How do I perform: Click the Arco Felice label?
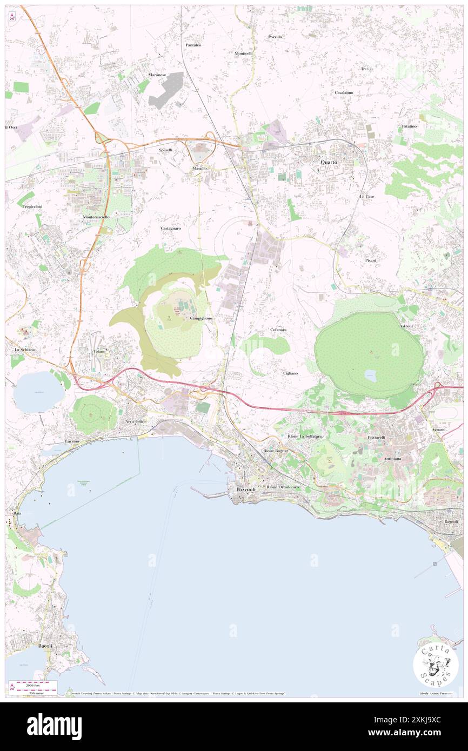[x=136, y=421]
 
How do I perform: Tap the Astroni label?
[x=406, y=326]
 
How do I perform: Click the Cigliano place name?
[x=290, y=373]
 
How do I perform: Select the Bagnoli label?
[x=451, y=521]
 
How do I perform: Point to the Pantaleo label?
[x=193, y=45]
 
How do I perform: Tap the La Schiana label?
[x=24, y=350]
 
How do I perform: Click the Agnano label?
[x=438, y=429]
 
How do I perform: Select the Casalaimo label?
[x=344, y=92]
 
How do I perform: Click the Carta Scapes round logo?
[x=436, y=665]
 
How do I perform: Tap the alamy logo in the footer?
[x=54, y=726]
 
